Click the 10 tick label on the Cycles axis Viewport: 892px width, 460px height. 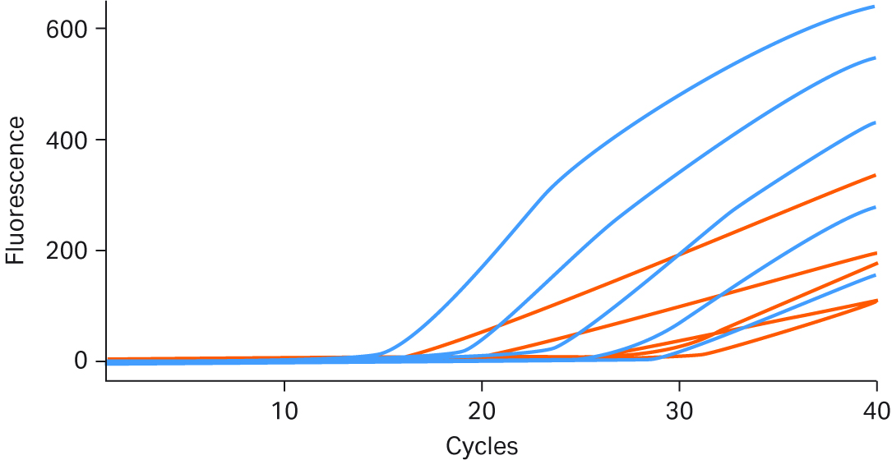tap(284, 408)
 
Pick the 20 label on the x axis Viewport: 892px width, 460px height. tap(482, 408)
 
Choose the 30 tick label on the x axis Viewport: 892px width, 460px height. tap(679, 408)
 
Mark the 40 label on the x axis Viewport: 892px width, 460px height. tap(875, 408)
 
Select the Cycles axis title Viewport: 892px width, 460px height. tap(482, 446)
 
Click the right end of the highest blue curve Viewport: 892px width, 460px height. tap(875, 7)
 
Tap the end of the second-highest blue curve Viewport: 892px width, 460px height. tap(875, 58)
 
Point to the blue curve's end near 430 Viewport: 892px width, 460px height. tap(875, 122)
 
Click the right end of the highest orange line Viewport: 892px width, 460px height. tap(875, 175)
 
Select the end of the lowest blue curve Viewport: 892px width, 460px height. tap(875, 274)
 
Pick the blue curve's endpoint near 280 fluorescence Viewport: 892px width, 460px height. tap(875, 207)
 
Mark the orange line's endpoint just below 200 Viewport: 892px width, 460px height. tap(875, 253)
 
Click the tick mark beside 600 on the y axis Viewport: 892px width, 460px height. tap(102, 29)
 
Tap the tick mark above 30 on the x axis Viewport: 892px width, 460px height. tap(679, 384)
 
